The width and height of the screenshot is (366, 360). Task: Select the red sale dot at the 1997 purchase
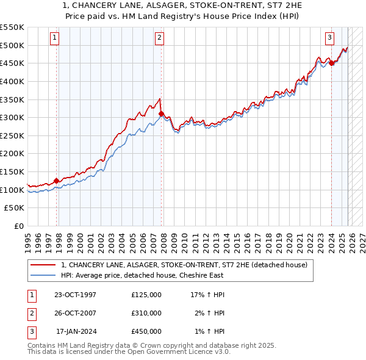[x=57, y=181]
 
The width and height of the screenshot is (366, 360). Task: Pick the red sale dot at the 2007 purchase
[x=161, y=113]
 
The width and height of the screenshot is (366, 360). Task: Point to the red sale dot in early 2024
[x=331, y=62]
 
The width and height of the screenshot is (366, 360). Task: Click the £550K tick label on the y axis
[x=12, y=27]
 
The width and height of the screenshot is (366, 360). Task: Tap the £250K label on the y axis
[x=12, y=135]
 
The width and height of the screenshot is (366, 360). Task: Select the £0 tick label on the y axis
[x=20, y=226]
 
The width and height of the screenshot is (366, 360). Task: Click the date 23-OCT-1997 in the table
[x=75, y=295]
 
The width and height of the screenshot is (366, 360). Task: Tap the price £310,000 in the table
[x=146, y=313]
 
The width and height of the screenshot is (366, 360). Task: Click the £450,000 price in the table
[x=146, y=331]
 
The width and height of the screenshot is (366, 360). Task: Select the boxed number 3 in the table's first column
[x=30, y=331]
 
